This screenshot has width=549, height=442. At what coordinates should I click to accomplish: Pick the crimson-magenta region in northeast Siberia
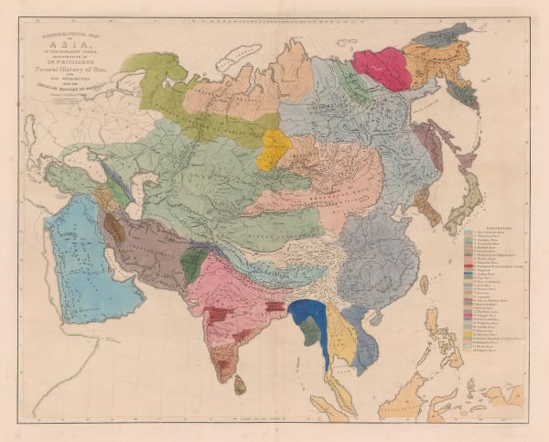point(382,66)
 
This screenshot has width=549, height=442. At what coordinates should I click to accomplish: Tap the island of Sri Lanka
point(240,386)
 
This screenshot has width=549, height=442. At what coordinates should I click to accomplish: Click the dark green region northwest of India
point(193,266)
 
